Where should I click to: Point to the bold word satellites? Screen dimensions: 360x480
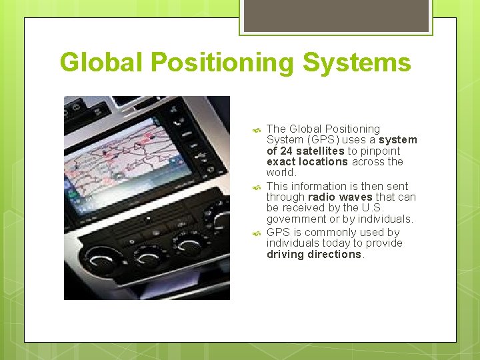click(x=319, y=151)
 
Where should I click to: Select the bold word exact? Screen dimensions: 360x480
click(x=280, y=162)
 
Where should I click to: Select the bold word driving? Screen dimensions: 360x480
click(x=285, y=255)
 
